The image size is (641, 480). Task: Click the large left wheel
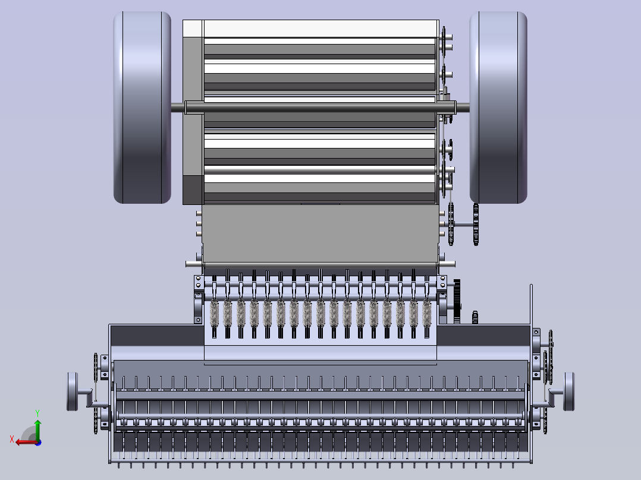pyautogui.click(x=142, y=108)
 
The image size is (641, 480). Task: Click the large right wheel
pyautogui.click(x=498, y=108)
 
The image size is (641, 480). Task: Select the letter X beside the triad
pyautogui.click(x=12, y=439)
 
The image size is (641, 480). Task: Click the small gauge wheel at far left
pyautogui.click(x=73, y=391)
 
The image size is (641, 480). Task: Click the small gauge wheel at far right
pyautogui.click(x=568, y=391)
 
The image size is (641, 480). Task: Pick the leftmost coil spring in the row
pyautogui.click(x=214, y=314)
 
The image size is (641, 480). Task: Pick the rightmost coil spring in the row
pyautogui.click(x=426, y=314)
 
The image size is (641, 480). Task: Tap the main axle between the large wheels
pyautogui.click(x=320, y=108)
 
